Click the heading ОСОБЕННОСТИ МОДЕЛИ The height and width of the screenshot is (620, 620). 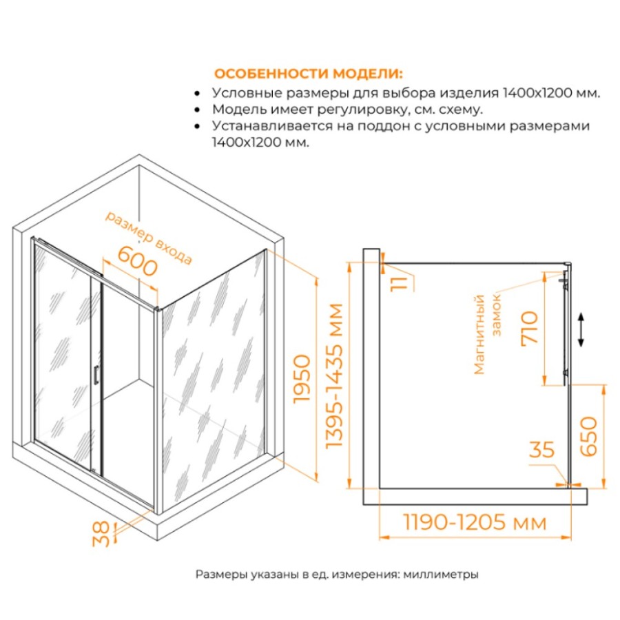309,74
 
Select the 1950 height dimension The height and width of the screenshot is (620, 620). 302,379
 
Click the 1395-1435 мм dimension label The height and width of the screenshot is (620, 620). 333,375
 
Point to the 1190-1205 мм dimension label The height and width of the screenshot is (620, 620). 475,522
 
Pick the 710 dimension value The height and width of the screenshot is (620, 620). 530,328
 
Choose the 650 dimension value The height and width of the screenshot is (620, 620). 588,436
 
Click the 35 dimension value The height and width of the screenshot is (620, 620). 541,450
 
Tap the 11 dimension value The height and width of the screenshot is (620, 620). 399,284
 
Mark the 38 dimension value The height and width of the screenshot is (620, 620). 101,534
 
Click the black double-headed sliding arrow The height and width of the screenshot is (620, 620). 581,329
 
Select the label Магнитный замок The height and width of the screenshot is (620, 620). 488,335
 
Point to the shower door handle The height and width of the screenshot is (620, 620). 95,375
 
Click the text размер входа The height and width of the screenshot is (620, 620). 149,238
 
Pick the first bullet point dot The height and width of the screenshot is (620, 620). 197,94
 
